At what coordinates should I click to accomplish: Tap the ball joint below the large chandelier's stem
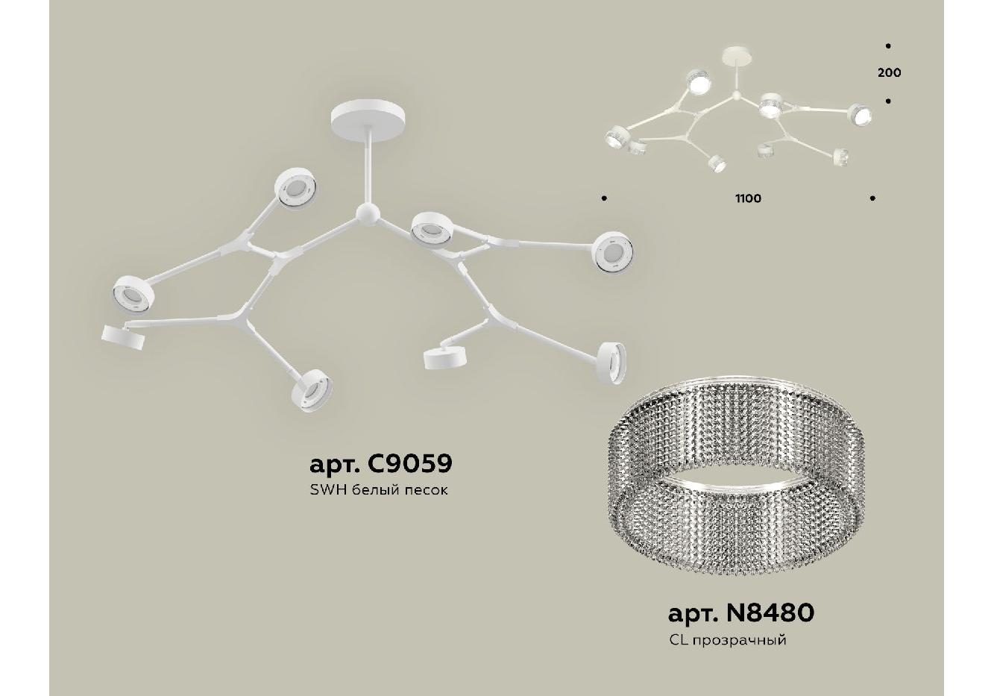368,216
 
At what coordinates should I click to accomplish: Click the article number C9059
381,463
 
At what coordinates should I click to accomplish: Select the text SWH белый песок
379,490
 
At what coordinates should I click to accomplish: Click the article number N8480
741,613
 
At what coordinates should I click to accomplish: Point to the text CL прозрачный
727,640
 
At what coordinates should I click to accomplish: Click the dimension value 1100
748,198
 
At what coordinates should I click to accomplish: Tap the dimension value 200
890,73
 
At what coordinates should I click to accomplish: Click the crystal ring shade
736,480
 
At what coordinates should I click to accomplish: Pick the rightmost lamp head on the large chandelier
614,252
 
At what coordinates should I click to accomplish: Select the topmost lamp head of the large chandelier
295,189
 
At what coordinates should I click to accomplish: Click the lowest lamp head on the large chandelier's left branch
312,390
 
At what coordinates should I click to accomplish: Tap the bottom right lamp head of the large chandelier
611,363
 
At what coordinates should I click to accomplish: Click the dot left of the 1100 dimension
604,198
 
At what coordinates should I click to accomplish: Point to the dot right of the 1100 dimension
872,198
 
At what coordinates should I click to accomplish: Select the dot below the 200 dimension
888,101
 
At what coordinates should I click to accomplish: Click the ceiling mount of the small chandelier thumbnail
737,57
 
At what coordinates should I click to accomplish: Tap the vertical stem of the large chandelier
368,166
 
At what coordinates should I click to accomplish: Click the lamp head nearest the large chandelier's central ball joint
430,229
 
